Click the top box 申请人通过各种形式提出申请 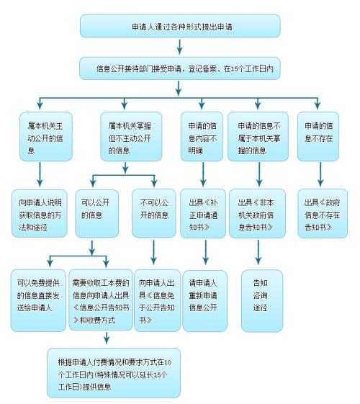pos(180,26)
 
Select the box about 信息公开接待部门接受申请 pos(180,68)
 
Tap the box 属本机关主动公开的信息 pos(46,137)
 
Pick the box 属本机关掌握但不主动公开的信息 pos(131,137)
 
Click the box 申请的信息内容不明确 pos(202,137)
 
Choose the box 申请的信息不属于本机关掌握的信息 pos(258,137)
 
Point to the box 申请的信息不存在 pos(318,137)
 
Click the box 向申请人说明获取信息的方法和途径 pos(40,214)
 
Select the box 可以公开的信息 pos(96,214)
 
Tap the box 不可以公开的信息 pos(154,213)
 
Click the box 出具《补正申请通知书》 pos(203,214)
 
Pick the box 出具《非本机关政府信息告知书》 pos(257,214)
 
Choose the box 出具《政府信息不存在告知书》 pos(323,214)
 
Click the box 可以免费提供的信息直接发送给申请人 pos(38,300)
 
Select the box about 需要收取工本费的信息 pos(101,300)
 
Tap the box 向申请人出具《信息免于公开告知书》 pos(158,300)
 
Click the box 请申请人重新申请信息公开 pos(205,301)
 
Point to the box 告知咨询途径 pos(262,301)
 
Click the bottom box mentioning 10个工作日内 pos(114,373)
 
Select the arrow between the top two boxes pos(180,47)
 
